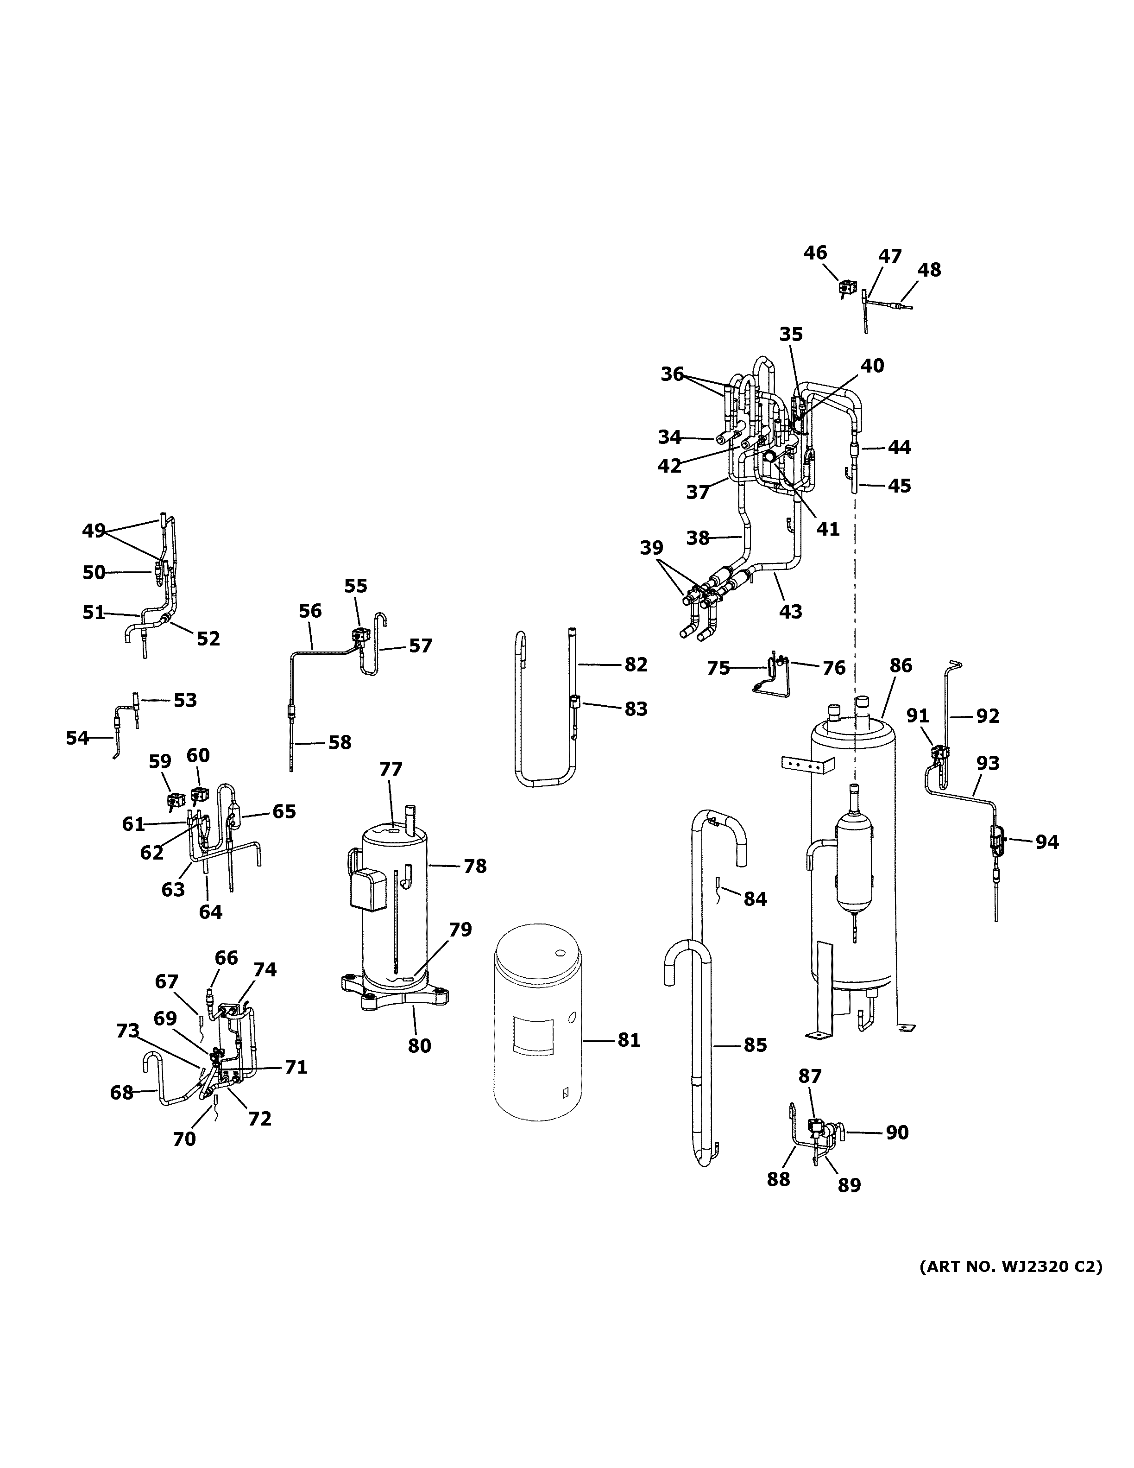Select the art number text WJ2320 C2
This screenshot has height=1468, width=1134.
pyautogui.click(x=1010, y=1267)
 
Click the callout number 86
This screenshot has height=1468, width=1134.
pyautogui.click(x=901, y=665)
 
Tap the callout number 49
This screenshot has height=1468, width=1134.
pyautogui.click(x=94, y=531)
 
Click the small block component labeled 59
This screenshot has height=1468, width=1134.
pyautogui.click(x=176, y=800)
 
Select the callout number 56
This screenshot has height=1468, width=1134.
pyautogui.click(x=310, y=611)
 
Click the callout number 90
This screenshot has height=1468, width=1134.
pyautogui.click(x=897, y=1133)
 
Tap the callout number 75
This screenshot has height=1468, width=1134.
pyautogui.click(x=718, y=668)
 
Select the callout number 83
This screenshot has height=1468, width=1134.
pyautogui.click(x=636, y=709)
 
